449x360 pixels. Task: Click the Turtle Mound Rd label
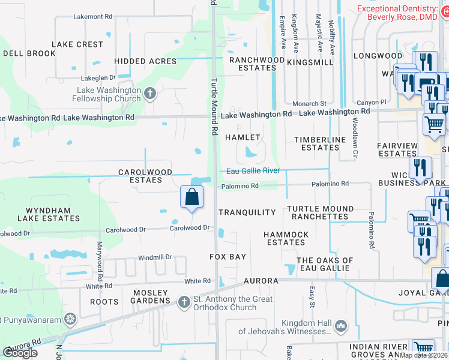click(x=212, y=107)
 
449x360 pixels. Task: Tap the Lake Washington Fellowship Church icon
click(x=150, y=93)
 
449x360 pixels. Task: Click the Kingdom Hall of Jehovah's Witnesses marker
click(x=341, y=326)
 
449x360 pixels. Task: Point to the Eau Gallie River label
click(x=253, y=171)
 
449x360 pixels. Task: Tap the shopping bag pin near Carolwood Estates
click(x=191, y=197)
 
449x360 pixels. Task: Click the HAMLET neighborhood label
click(x=243, y=137)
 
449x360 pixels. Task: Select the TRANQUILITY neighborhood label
click(x=247, y=212)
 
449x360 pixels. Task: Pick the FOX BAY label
click(x=228, y=257)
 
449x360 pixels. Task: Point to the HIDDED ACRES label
click(x=145, y=61)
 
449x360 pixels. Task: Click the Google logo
click(x=20, y=353)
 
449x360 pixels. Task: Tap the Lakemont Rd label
click(x=92, y=17)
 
